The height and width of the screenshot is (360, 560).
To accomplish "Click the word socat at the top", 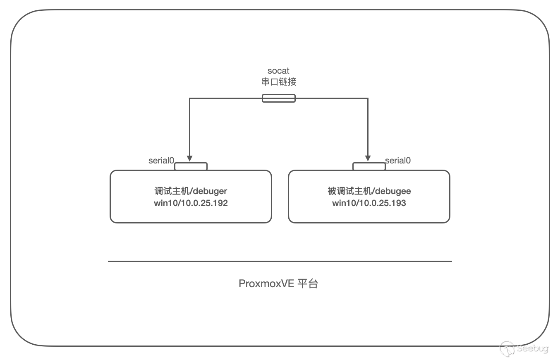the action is click(x=278, y=71).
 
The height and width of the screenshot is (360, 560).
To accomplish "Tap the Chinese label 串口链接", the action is click(x=279, y=82).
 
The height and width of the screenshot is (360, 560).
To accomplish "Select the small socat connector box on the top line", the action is click(x=279, y=98).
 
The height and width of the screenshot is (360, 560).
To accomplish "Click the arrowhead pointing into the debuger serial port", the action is click(x=190, y=158).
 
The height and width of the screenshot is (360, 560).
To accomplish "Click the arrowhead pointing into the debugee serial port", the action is click(x=368, y=158).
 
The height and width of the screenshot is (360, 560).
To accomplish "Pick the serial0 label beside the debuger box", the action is click(x=161, y=161).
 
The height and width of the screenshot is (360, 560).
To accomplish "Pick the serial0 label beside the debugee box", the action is click(x=398, y=161).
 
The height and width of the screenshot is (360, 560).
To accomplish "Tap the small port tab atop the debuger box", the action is click(x=191, y=166).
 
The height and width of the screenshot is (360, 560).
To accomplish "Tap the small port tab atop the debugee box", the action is click(x=369, y=166).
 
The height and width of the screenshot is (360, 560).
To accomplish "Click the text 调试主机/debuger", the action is click(x=191, y=191).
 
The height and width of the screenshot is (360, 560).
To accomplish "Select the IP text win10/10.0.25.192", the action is click(x=191, y=203).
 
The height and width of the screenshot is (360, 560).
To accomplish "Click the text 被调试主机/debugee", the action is click(x=369, y=191).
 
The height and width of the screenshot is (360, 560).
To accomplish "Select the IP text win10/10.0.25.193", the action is click(x=369, y=203).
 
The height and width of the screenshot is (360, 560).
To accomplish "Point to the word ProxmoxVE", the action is click(x=266, y=284).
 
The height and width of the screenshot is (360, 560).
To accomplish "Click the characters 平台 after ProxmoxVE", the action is click(x=308, y=284).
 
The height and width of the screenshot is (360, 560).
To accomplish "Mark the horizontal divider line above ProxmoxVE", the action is click(x=280, y=261).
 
